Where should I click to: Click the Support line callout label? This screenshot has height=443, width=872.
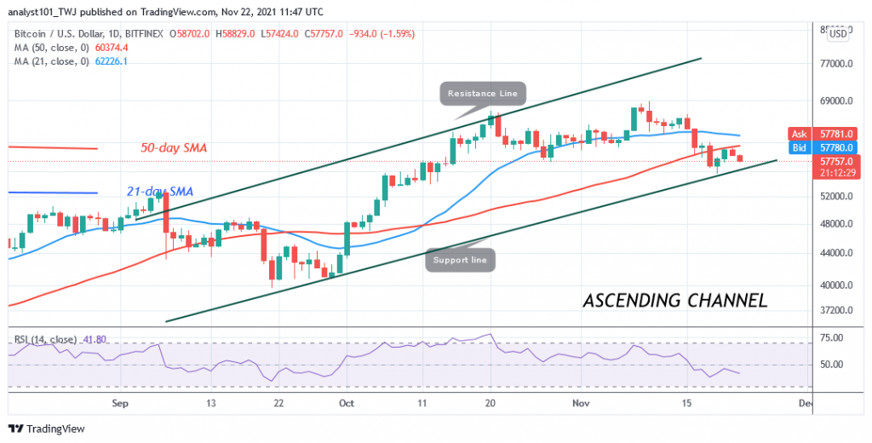coord(460,259)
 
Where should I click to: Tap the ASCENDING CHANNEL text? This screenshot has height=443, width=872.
coord(675,301)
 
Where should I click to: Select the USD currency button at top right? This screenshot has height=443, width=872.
coord(838,33)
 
